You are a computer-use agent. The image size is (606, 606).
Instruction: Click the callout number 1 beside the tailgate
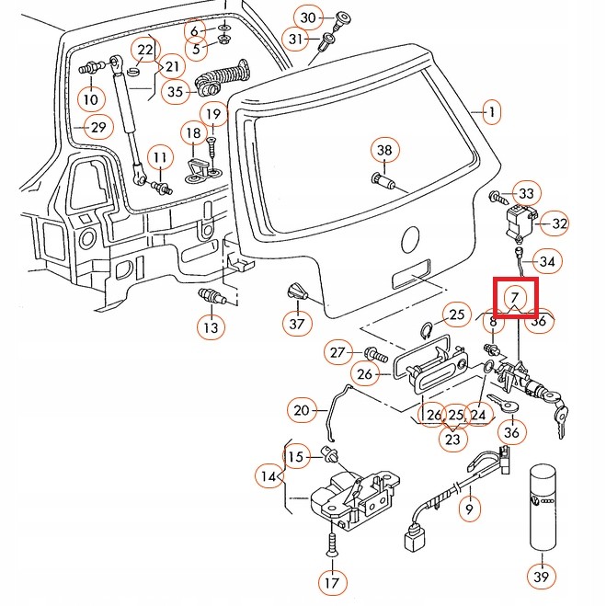(492, 113)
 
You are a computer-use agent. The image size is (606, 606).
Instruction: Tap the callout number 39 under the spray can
(542, 577)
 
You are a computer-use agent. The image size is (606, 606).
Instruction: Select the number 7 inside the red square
(515, 297)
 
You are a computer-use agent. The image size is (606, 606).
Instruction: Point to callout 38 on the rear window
(384, 151)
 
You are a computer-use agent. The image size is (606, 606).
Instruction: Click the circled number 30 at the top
(308, 18)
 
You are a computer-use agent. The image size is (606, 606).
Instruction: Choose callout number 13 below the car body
(211, 326)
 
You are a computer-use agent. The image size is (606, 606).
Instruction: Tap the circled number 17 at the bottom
(330, 581)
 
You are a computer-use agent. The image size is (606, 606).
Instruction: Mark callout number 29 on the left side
(97, 127)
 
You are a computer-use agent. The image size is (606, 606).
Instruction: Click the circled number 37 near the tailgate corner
(296, 323)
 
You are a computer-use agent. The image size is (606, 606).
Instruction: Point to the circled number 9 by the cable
(468, 508)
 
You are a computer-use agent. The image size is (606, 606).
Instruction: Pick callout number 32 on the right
(559, 223)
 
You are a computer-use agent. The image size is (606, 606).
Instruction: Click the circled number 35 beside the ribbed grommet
(176, 91)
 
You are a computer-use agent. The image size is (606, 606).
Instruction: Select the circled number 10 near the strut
(90, 98)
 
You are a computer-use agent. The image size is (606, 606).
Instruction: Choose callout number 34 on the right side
(547, 263)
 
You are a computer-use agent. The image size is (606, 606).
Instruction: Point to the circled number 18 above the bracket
(193, 134)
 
